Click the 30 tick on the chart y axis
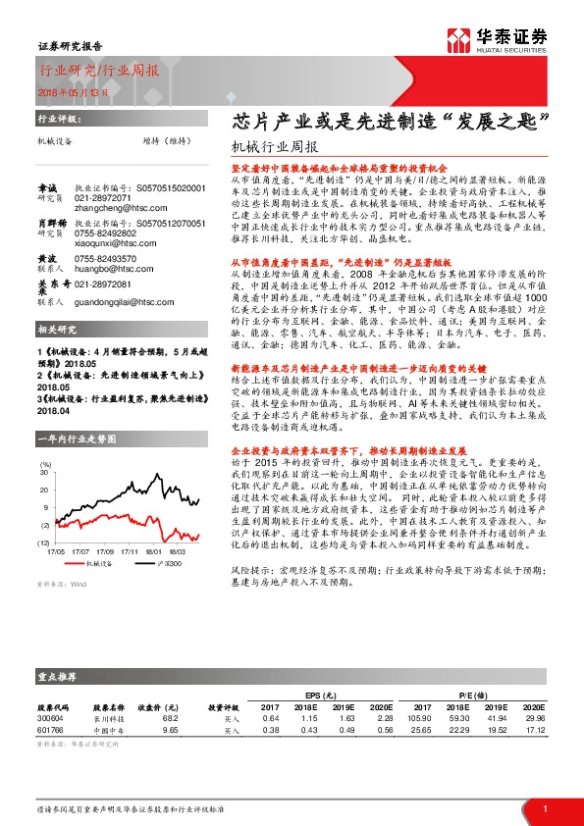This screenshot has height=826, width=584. click(x=45, y=473)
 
